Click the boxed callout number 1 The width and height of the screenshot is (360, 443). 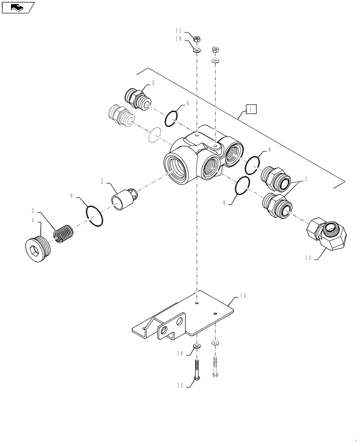point(250,109)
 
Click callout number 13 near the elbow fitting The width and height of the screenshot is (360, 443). point(308,257)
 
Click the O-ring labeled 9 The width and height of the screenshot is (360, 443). point(95,215)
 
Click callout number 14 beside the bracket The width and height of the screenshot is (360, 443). point(242,295)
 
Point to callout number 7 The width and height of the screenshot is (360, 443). point(305,181)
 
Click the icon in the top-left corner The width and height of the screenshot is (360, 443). point(18,7)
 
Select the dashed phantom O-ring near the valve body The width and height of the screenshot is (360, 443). point(154,135)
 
